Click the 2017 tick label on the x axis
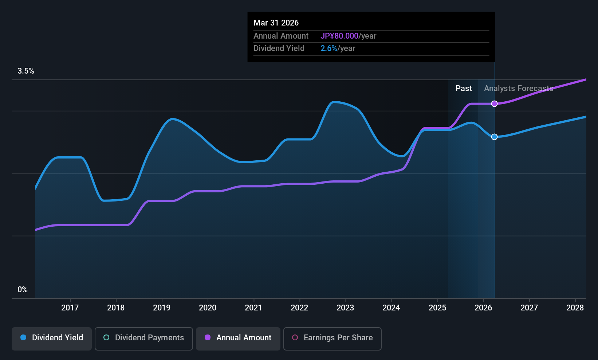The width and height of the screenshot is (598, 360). pyautogui.click(x=70, y=308)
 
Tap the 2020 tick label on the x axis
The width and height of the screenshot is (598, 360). pyautogui.click(x=208, y=308)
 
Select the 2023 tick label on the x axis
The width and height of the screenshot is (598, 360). pyautogui.click(x=345, y=308)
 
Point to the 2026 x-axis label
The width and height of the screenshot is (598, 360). pyautogui.click(x=483, y=308)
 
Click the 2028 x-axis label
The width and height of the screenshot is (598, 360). pyautogui.click(x=575, y=308)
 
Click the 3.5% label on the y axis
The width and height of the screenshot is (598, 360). pyautogui.click(x=26, y=71)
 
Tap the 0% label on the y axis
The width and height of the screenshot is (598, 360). pyautogui.click(x=23, y=290)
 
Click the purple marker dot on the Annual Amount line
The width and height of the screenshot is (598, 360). pyautogui.click(x=494, y=104)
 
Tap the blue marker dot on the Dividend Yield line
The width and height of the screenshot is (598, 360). pyautogui.click(x=494, y=137)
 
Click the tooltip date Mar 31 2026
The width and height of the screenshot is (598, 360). pyautogui.click(x=276, y=23)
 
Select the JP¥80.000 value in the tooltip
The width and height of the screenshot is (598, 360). pyautogui.click(x=339, y=36)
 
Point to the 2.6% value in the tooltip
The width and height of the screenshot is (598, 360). pyautogui.click(x=328, y=48)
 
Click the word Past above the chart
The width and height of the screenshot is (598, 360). pyautogui.click(x=464, y=89)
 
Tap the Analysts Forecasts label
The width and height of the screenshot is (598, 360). pyautogui.click(x=519, y=89)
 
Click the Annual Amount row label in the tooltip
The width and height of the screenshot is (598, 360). pyautogui.click(x=281, y=36)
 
